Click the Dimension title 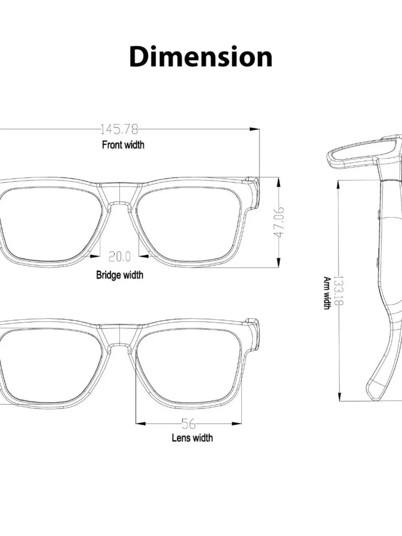pyautogui.click(x=201, y=56)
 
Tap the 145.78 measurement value pyautogui.click(x=119, y=129)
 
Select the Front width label pyautogui.click(x=123, y=145)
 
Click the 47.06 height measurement pyautogui.click(x=279, y=222)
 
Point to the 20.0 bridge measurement pyautogui.click(x=120, y=257)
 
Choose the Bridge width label pyautogui.click(x=120, y=275)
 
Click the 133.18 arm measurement pyautogui.click(x=338, y=291)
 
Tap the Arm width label pyautogui.click(x=327, y=293)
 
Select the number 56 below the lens pyautogui.click(x=189, y=424)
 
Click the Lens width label pyautogui.click(x=192, y=438)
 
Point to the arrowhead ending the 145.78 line pyautogui.click(x=254, y=129)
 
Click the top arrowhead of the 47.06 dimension pyautogui.click(x=279, y=182)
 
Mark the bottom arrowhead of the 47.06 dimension pyautogui.click(x=279, y=263)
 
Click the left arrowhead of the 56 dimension pyautogui.click(x=141, y=423)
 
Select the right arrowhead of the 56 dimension pyautogui.click(x=236, y=423)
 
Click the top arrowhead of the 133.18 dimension pyautogui.click(x=338, y=185)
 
